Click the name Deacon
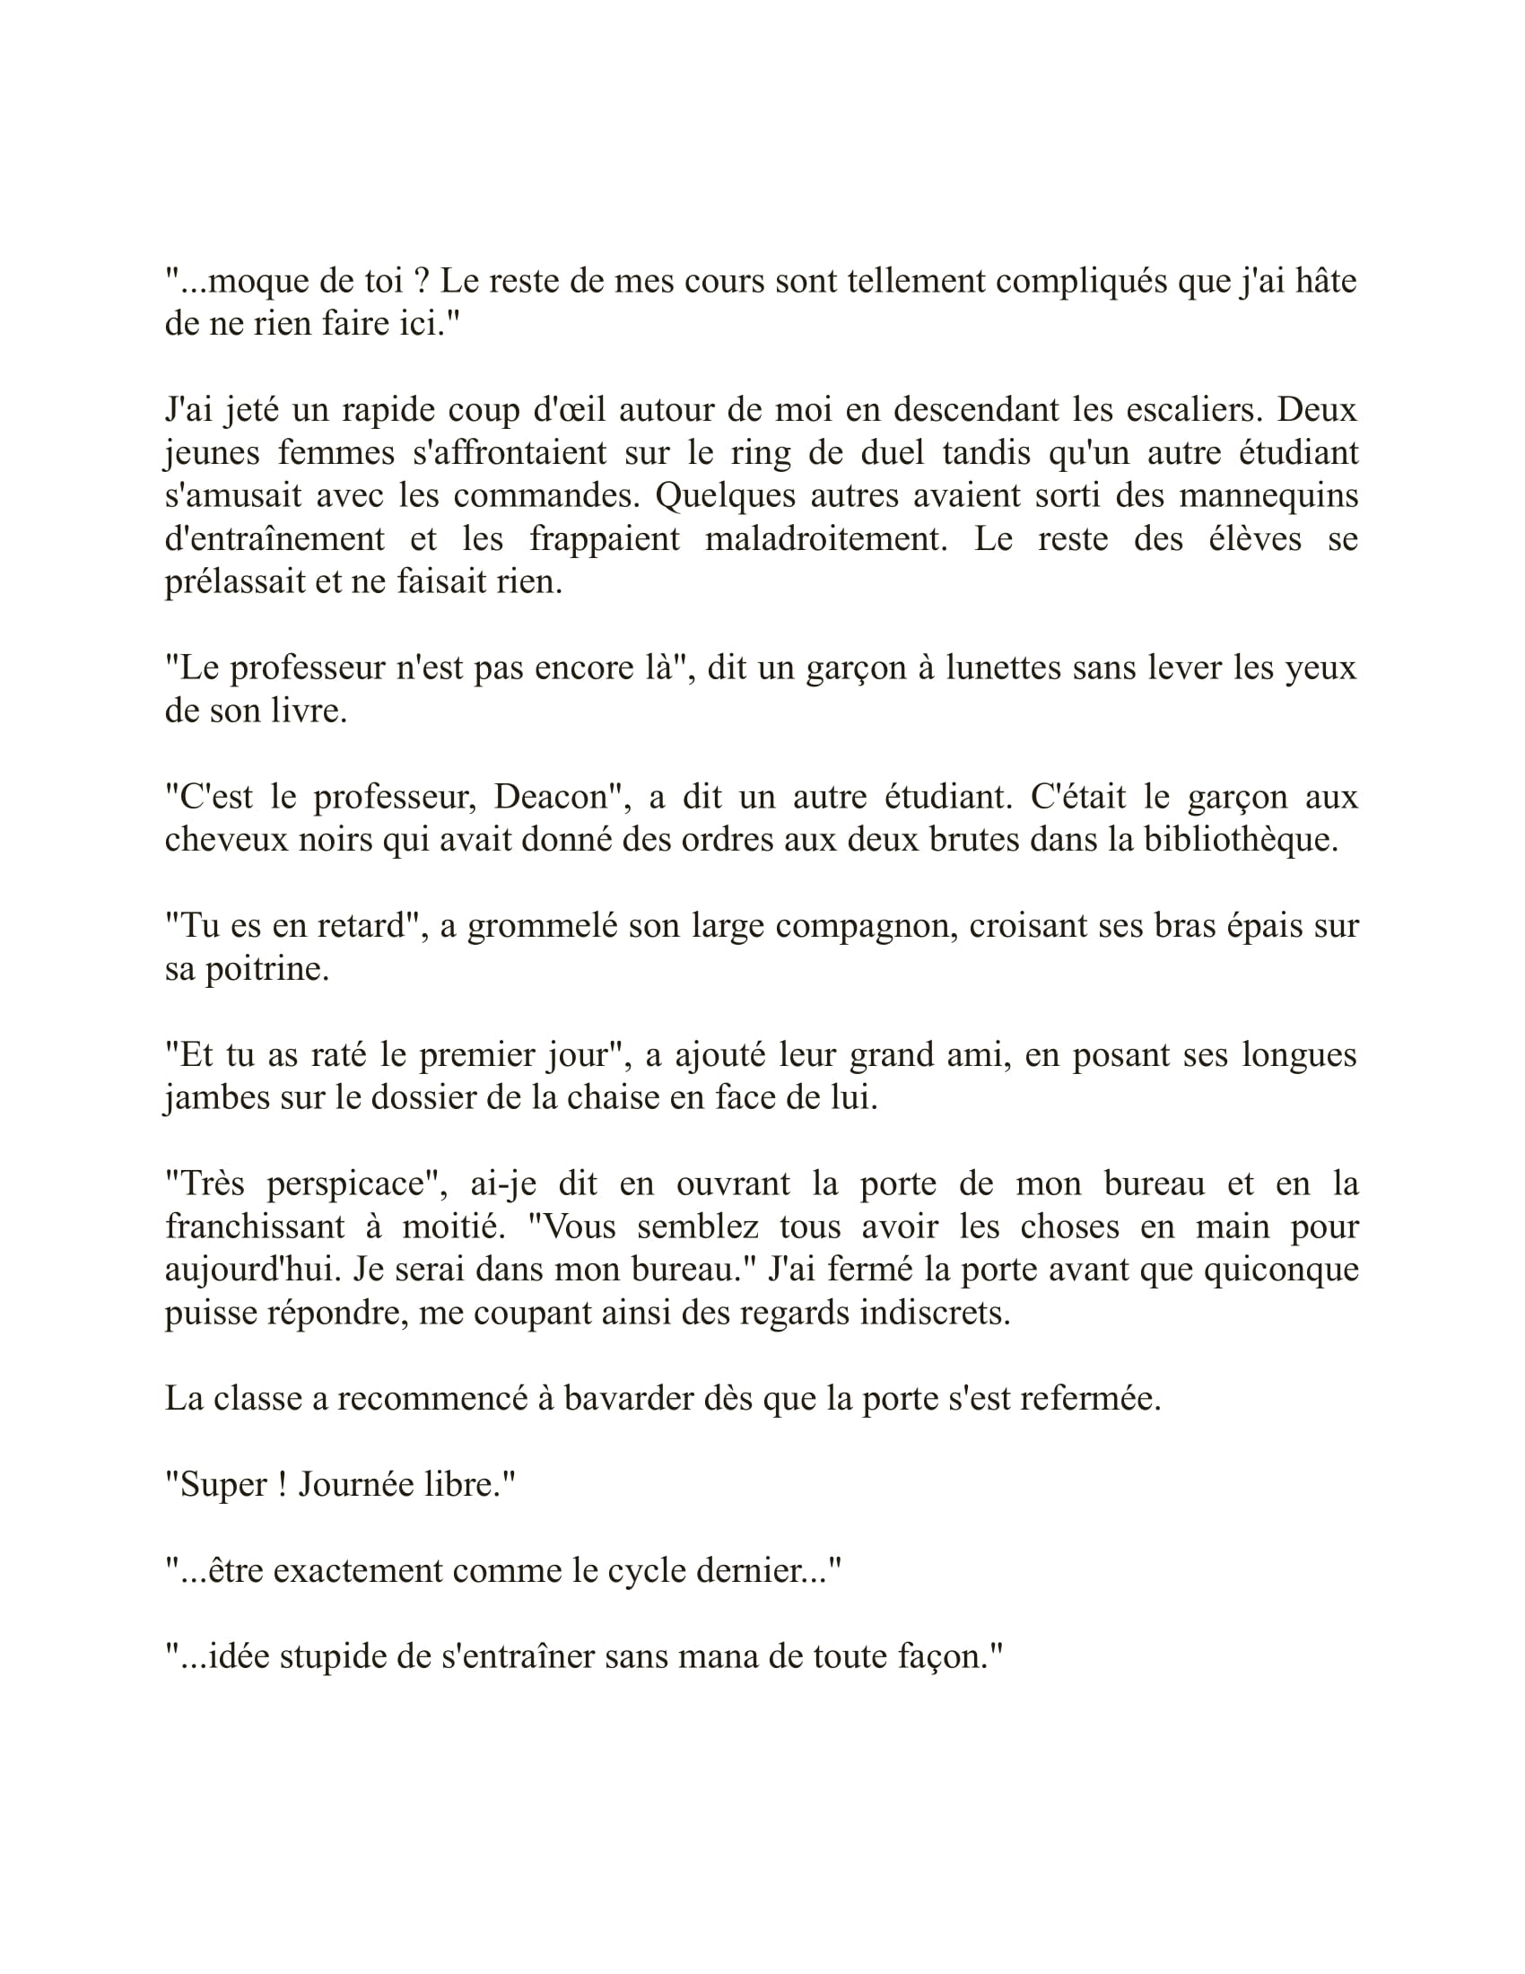(550, 796)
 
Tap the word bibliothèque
(1241, 840)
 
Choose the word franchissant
(255, 1227)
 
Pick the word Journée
(352, 1484)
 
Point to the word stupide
(344, 1655)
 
